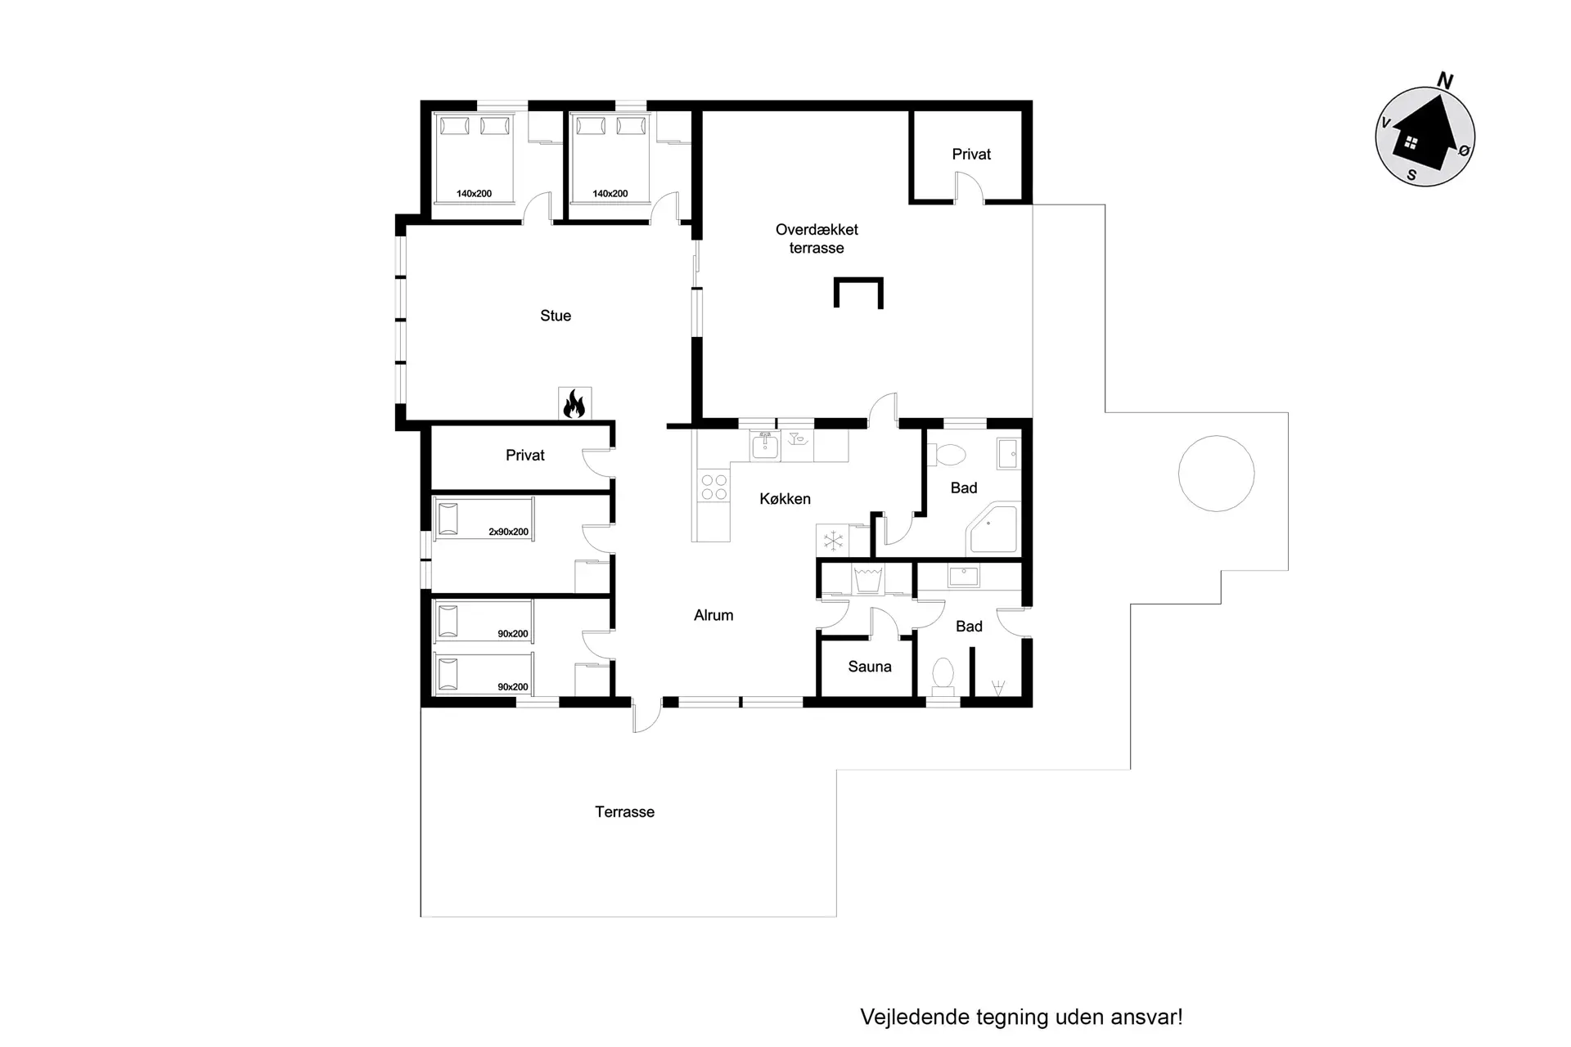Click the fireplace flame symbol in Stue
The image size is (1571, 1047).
(574, 403)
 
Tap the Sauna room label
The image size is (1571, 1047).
(870, 667)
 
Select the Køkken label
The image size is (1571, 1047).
(785, 499)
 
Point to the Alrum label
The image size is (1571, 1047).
(713, 615)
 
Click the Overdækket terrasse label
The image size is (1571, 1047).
(817, 239)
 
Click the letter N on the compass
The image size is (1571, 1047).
(1445, 81)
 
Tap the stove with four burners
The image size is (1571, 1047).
(713, 488)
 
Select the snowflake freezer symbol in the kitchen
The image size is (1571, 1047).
(833, 541)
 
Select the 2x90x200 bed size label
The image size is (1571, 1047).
(508, 532)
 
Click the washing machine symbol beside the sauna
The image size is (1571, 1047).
(867, 579)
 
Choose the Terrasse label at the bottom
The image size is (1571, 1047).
(624, 812)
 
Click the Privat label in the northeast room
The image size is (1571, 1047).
(971, 155)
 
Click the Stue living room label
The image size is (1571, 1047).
(556, 316)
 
